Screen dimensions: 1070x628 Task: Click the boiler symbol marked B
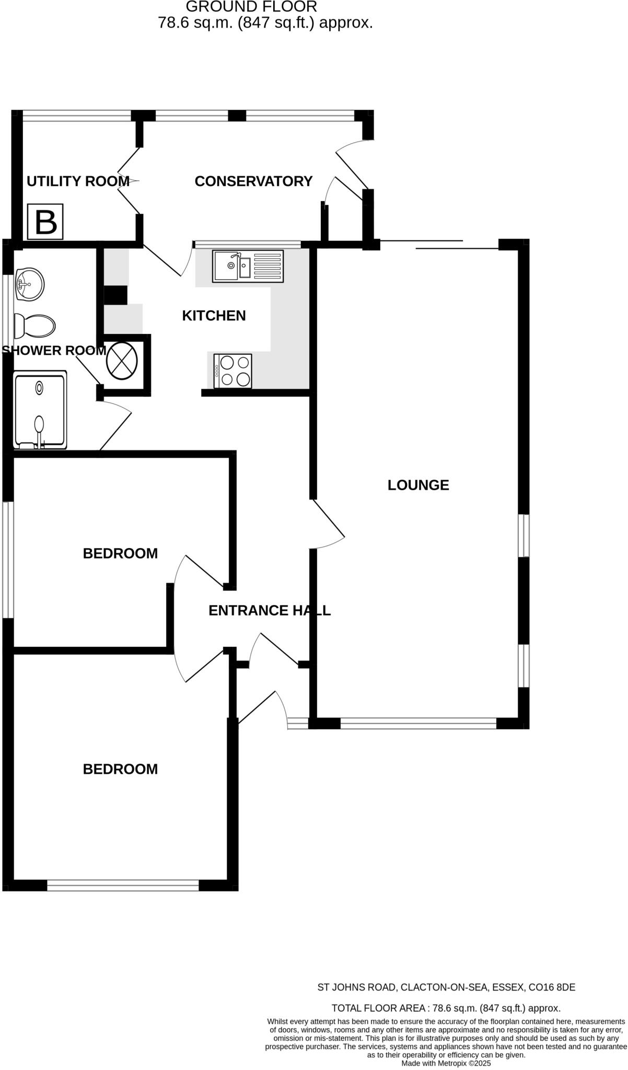click(45, 222)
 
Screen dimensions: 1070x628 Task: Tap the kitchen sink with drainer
click(248, 266)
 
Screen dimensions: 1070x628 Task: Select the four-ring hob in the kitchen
click(232, 371)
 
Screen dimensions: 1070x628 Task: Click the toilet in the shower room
click(34, 327)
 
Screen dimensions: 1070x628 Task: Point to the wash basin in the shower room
click(30, 285)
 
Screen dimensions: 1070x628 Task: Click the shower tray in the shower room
click(40, 410)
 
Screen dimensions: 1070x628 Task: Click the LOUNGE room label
click(418, 485)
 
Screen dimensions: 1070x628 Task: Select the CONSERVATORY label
click(253, 181)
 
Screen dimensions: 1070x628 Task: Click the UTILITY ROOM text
click(78, 181)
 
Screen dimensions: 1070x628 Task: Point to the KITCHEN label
click(214, 316)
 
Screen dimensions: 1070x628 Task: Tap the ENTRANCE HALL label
click(269, 610)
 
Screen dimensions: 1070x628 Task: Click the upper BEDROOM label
click(120, 553)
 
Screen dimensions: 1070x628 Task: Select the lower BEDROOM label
click(120, 769)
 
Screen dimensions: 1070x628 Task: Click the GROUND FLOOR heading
click(251, 7)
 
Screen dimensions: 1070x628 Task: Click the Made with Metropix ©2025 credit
click(446, 1063)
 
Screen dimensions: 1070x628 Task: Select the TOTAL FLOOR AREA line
click(446, 1008)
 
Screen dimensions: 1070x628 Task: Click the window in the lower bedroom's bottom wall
click(123, 885)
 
